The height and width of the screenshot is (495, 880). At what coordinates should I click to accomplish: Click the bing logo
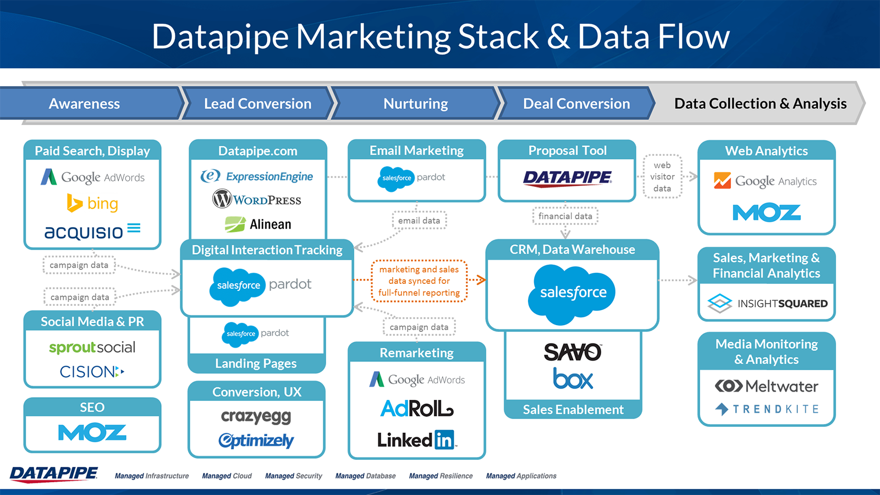92,204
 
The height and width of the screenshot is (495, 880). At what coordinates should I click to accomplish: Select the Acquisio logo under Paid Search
92,231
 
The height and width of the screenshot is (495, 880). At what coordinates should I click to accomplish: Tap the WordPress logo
257,199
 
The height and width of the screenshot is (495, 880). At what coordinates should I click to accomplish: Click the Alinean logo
258,224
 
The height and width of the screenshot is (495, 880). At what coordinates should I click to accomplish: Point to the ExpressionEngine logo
257,176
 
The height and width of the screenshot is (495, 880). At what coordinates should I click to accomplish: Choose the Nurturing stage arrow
415,103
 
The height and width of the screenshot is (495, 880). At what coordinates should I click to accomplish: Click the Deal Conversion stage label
576,103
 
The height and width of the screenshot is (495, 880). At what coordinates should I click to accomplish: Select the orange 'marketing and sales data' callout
419,281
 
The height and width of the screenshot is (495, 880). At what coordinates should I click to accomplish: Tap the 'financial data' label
565,216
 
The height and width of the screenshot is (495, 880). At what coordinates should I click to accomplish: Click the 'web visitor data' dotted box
662,177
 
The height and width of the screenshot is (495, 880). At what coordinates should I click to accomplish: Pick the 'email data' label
419,221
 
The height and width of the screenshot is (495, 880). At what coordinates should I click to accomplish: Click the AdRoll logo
417,408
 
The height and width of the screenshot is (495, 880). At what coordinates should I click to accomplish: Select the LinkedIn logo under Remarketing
416,439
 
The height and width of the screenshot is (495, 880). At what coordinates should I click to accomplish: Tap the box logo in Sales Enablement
573,378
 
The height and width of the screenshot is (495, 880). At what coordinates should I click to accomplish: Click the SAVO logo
573,352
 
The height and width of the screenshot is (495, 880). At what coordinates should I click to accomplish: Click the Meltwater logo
767,386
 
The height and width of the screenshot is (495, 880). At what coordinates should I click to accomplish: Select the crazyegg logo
256,416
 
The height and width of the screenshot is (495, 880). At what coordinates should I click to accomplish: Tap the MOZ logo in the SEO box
92,433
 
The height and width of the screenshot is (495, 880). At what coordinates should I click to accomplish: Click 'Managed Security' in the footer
293,476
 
